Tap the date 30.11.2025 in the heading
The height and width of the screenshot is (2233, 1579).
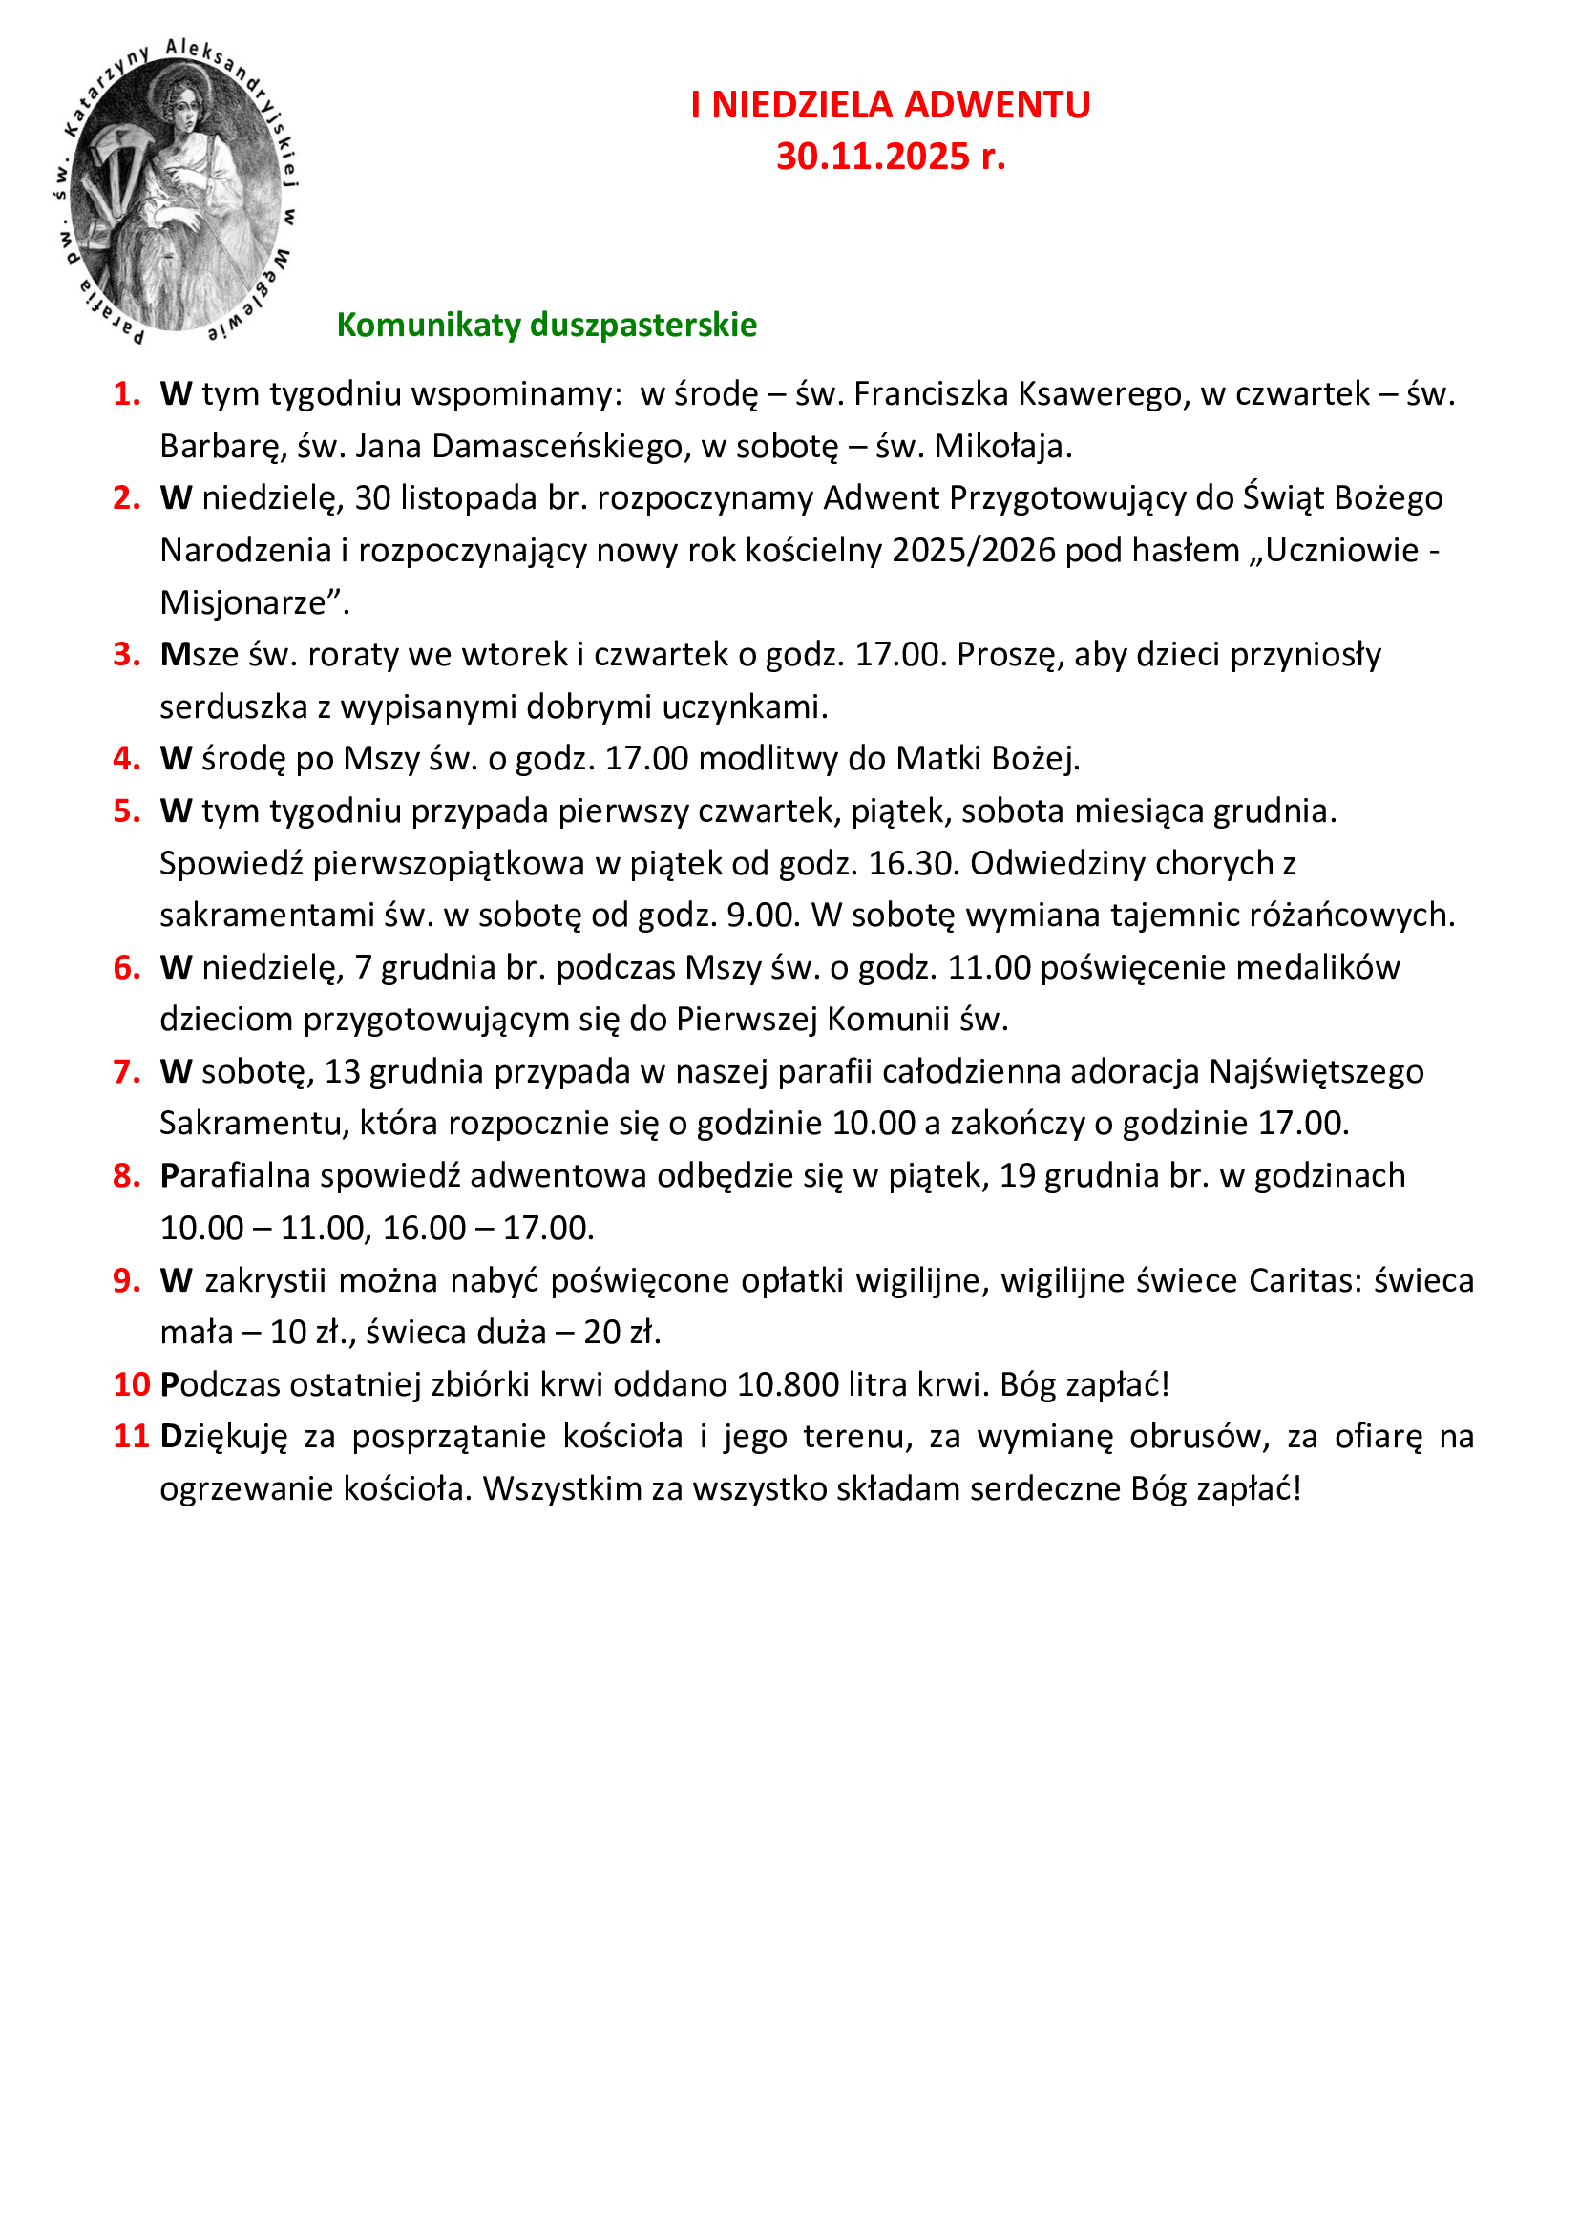coord(873,157)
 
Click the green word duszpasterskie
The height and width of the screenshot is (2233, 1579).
coord(642,325)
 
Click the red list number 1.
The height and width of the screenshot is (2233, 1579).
coord(126,394)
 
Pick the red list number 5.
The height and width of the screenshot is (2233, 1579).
coord(126,811)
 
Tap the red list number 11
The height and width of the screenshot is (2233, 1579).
coord(130,1437)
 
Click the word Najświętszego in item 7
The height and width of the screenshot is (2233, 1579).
coord(1316,1072)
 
